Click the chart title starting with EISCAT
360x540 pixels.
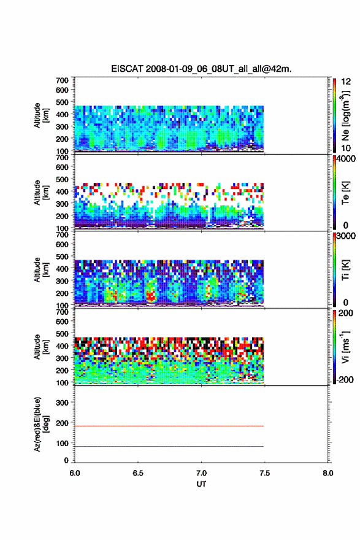click(x=201, y=69)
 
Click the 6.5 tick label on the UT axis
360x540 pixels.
click(x=138, y=473)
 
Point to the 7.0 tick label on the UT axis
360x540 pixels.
click(x=201, y=473)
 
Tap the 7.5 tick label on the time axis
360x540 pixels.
click(x=264, y=473)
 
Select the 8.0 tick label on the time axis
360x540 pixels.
click(x=327, y=473)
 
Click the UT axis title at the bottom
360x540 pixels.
click(x=201, y=484)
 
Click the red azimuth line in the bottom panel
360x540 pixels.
click(x=169, y=426)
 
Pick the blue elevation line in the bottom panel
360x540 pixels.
click(x=169, y=446)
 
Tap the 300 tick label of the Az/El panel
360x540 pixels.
click(x=62, y=403)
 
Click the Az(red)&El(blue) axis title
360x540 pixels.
click(x=41, y=424)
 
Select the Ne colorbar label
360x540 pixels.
click(x=346, y=115)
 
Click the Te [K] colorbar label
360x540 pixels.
click(x=345, y=193)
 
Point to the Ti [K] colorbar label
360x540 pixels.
click(x=345, y=269)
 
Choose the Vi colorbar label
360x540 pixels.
click(x=346, y=347)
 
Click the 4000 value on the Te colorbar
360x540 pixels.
click(x=346, y=159)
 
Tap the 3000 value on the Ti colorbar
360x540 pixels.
click(x=346, y=236)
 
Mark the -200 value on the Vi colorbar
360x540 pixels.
click(x=345, y=379)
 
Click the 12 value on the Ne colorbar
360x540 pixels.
click(x=346, y=82)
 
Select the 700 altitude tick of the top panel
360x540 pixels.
click(x=62, y=80)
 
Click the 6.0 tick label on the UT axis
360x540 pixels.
click(x=75, y=473)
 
